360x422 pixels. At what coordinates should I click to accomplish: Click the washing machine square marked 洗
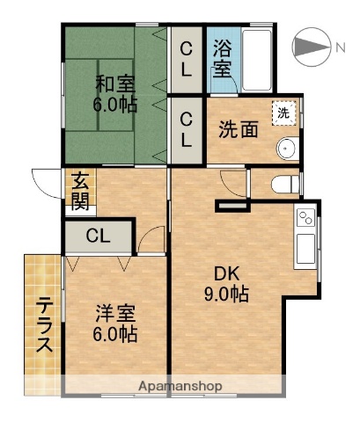283,113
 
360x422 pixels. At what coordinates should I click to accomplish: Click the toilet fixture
284,183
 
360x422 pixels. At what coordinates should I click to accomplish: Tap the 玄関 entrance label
80,193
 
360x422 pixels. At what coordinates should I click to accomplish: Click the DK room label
224,273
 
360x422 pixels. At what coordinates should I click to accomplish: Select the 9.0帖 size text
224,295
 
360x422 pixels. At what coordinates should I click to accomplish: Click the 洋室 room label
114,312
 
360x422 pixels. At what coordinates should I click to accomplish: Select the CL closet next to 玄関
98,236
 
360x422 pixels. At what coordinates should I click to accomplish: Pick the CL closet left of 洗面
187,128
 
